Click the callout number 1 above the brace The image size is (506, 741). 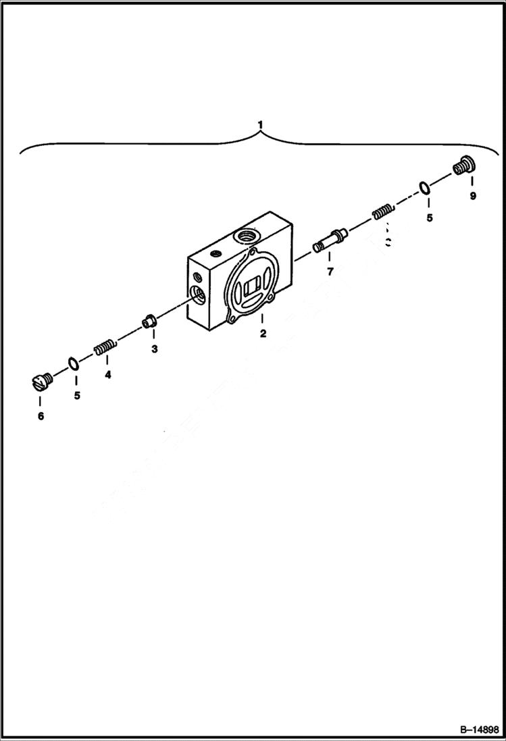click(x=260, y=125)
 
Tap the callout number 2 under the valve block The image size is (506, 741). click(x=263, y=333)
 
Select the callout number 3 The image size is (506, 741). click(x=154, y=349)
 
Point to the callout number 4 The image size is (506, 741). click(x=107, y=374)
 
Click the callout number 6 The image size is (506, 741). click(x=41, y=416)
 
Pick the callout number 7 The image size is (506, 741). click(x=330, y=272)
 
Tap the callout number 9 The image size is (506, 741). click(x=472, y=196)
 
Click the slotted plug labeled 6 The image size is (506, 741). click(x=41, y=383)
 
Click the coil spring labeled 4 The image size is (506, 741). click(x=105, y=348)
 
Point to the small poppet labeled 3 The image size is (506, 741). click(x=150, y=321)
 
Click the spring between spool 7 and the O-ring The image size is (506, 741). click(x=383, y=212)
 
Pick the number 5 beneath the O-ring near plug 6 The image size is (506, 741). click(x=77, y=395)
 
